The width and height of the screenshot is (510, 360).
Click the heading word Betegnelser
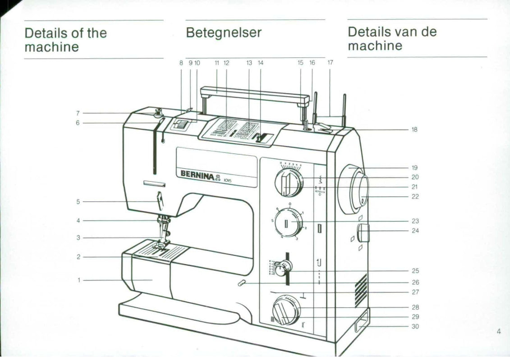223,33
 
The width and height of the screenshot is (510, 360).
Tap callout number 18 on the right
414,129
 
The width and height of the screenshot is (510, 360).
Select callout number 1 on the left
79,280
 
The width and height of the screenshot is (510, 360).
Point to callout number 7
78,113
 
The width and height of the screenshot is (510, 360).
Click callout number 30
415,326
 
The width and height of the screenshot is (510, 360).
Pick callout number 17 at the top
330,63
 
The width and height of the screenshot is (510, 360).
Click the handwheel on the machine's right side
358,189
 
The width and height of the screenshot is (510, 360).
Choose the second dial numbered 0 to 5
289,223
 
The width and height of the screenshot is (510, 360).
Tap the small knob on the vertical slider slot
283,269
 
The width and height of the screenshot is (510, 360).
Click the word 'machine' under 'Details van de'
375,46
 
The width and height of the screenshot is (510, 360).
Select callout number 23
415,221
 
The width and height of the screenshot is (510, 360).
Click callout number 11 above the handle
217,63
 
